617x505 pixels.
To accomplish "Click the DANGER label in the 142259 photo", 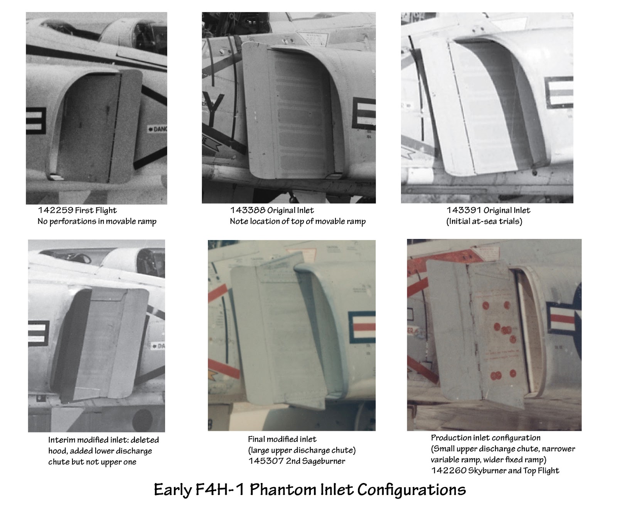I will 158,129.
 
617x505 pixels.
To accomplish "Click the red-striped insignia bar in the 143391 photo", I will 560,92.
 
